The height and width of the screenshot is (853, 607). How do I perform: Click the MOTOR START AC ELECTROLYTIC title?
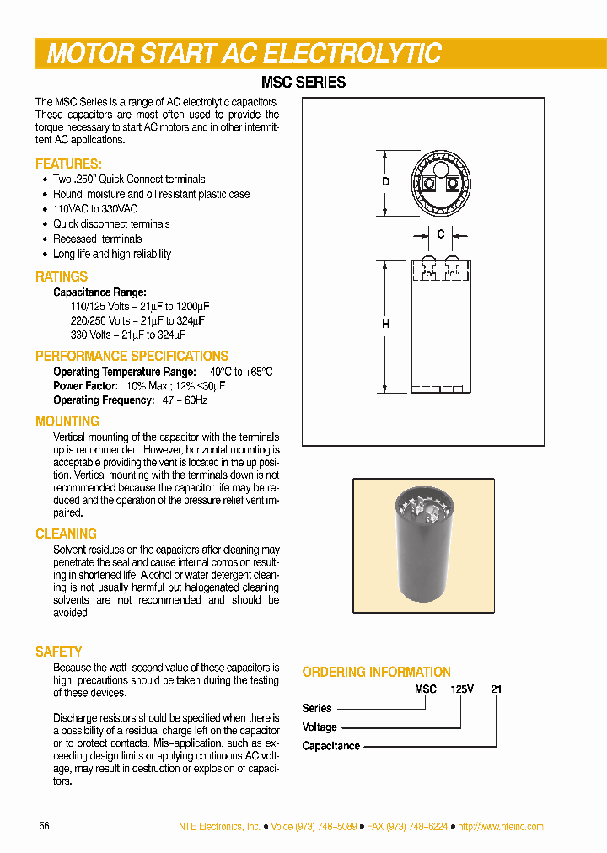coord(244,54)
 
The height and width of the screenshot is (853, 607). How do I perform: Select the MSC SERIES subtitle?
coord(305,83)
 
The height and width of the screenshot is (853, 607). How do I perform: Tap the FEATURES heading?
coord(68,164)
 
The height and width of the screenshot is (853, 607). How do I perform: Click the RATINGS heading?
coord(62,276)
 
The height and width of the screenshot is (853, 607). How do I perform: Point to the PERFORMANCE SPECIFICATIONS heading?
coord(132,356)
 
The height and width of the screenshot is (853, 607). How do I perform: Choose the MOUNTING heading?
coord(67,421)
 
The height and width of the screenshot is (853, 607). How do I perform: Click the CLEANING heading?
coord(66,534)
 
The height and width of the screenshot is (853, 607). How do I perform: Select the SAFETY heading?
coord(59,652)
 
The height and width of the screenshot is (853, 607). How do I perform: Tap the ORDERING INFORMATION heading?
coord(376,672)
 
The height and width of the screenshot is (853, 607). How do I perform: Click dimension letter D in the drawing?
coord(385,183)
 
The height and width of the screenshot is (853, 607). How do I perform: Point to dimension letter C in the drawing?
coord(440,234)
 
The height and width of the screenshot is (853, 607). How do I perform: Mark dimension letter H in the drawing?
coord(385,325)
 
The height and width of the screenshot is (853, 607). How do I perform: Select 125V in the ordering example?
coord(462,689)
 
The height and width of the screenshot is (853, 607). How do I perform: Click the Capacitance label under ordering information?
coord(331,746)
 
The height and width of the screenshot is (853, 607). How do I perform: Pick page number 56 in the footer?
coord(45,826)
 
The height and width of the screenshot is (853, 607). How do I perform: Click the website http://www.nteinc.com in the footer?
coord(501,826)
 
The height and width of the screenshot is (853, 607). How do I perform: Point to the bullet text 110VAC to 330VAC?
coord(95,209)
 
